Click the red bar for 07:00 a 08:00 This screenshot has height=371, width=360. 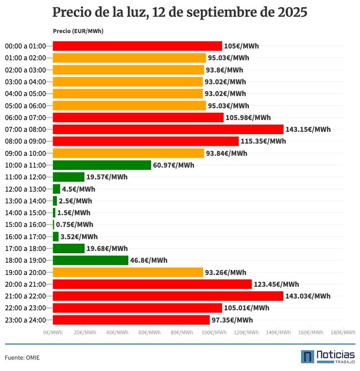(168, 130)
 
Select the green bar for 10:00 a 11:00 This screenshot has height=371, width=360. (102, 165)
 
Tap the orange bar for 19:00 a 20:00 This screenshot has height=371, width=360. (128, 272)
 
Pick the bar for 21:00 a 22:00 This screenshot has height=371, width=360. (168, 296)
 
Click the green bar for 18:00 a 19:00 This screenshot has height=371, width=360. (91, 260)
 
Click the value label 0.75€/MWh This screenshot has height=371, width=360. (74, 225)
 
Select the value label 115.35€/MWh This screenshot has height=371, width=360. (263, 141)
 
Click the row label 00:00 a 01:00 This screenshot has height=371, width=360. (25, 46)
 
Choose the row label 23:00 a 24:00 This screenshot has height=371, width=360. (25, 320)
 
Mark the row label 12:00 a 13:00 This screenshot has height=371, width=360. (25, 189)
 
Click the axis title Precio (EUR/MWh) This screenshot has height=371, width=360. (78, 31)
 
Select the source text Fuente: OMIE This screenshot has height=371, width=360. (22, 358)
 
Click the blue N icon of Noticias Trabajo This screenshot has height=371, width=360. (307, 357)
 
